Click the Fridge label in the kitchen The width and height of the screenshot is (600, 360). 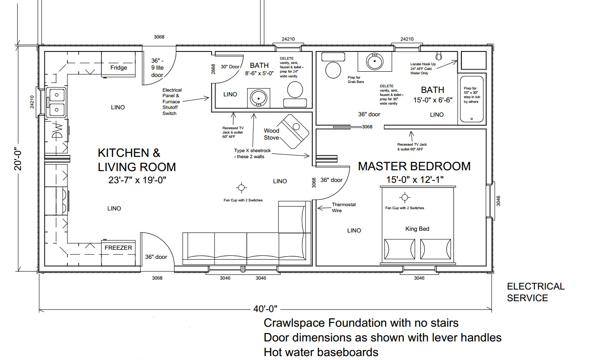[x=119, y=67]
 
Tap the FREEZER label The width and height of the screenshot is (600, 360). [x=118, y=248]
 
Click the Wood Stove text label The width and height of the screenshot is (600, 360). [x=271, y=134]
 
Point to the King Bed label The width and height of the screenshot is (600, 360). [x=417, y=229]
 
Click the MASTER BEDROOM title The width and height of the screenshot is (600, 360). [x=414, y=166]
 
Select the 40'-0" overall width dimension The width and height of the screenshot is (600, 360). [x=265, y=309]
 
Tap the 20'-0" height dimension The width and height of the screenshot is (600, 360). [x=18, y=159]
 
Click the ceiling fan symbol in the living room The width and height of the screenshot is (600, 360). [x=241, y=188]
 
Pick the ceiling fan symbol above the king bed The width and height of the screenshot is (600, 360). [x=404, y=198]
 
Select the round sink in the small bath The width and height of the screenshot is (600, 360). [x=258, y=98]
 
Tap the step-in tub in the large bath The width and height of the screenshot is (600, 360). [x=471, y=99]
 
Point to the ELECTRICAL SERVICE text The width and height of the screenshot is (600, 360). [x=536, y=292]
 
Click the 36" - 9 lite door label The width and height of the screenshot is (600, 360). [x=157, y=68]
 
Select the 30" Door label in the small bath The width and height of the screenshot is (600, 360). [x=230, y=67]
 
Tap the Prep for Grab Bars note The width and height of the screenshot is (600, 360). [x=356, y=80]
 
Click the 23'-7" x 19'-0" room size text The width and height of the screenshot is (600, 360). [x=137, y=180]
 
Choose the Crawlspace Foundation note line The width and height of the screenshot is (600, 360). [x=361, y=323]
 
